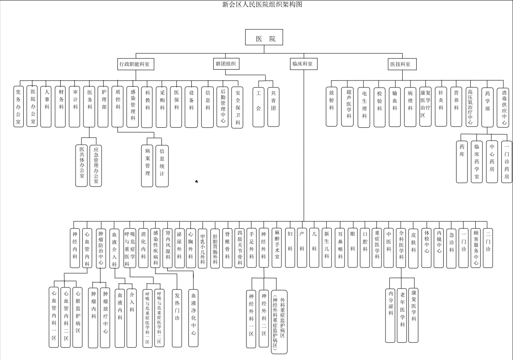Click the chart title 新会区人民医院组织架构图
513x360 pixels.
click(265, 5)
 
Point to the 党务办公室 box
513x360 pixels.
click(18, 107)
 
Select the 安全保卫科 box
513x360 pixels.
click(237, 107)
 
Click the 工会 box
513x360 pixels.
click(258, 107)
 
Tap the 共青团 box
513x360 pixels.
click(274, 107)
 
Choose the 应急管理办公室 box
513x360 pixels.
click(96, 165)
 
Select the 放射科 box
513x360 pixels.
click(331, 107)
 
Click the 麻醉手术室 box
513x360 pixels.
click(277, 248)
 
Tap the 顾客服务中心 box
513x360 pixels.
click(476, 247)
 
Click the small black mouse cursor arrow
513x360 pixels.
click(196, 181)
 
